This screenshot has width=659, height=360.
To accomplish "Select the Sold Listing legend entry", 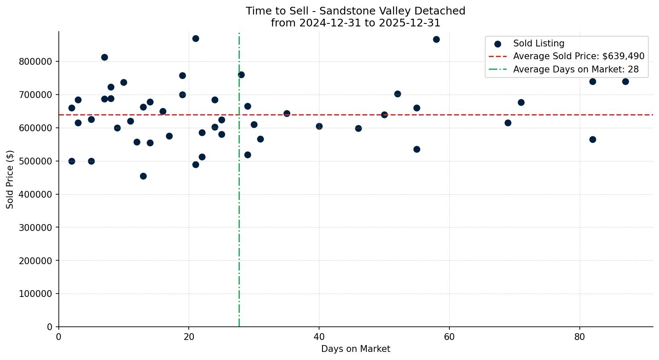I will pyautogui.click(x=538, y=43).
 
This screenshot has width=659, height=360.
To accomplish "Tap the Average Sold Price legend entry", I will pyautogui.click(x=578, y=56).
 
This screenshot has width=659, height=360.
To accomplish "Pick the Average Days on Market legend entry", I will pyautogui.click(x=576, y=69).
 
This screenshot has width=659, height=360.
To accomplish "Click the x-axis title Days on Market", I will pyautogui.click(x=355, y=349).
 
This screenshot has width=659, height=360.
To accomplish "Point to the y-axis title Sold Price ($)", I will pyautogui.click(x=10, y=179).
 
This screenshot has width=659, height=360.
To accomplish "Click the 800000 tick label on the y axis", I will pyautogui.click(x=36, y=62).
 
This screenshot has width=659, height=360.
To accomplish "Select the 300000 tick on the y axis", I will pyautogui.click(x=36, y=228).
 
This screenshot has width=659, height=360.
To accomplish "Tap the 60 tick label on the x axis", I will pyautogui.click(x=449, y=337).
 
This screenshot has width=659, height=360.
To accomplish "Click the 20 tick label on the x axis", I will pyautogui.click(x=189, y=337).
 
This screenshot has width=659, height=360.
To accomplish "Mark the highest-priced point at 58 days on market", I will pyautogui.click(x=436, y=40).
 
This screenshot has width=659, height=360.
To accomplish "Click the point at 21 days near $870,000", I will pyautogui.click(x=196, y=39).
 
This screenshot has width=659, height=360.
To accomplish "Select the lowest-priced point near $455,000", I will pyautogui.click(x=143, y=176).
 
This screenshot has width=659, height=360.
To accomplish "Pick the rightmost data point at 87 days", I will pyautogui.click(x=625, y=81).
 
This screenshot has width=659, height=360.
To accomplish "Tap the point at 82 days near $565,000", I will pyautogui.click(x=593, y=139).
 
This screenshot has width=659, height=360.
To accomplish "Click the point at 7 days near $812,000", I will pyautogui.click(x=104, y=57).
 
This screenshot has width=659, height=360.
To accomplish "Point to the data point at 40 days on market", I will pyautogui.click(x=319, y=126).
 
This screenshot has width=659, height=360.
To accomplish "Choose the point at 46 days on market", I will pyautogui.click(x=358, y=128).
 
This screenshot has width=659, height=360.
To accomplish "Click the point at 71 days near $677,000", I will pyautogui.click(x=521, y=102).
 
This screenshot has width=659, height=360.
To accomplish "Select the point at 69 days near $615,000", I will pyautogui.click(x=508, y=123).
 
